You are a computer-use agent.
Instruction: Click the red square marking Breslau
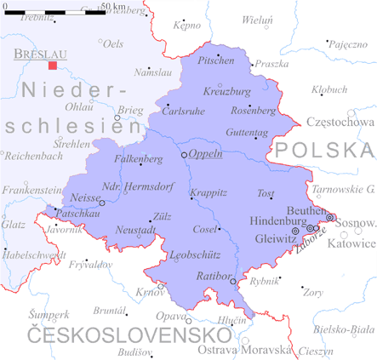pos(53,65)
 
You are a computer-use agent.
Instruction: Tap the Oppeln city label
pos(205,154)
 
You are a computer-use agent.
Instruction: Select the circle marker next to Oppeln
pos(184,155)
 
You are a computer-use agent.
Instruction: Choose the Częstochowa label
pos(340,122)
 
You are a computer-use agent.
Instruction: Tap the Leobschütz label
pos(195,254)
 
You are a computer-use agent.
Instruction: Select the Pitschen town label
pos(215,60)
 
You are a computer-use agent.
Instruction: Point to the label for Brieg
pos(130,111)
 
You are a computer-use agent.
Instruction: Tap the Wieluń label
pos(258,19)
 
